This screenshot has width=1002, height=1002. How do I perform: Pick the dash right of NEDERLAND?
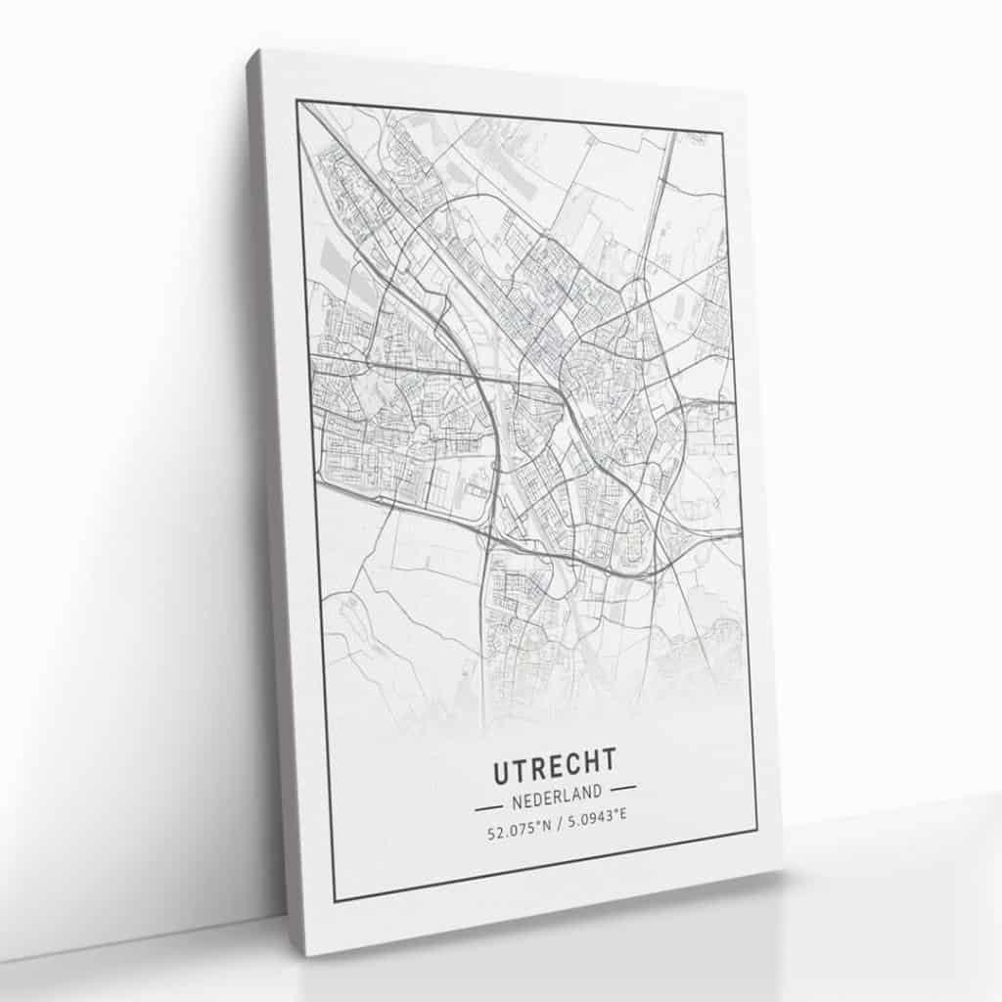[622, 786]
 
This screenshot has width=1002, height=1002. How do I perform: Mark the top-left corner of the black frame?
[297, 101]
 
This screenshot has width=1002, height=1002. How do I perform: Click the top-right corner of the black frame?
[722, 130]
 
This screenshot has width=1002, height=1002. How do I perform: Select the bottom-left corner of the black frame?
[335, 900]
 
